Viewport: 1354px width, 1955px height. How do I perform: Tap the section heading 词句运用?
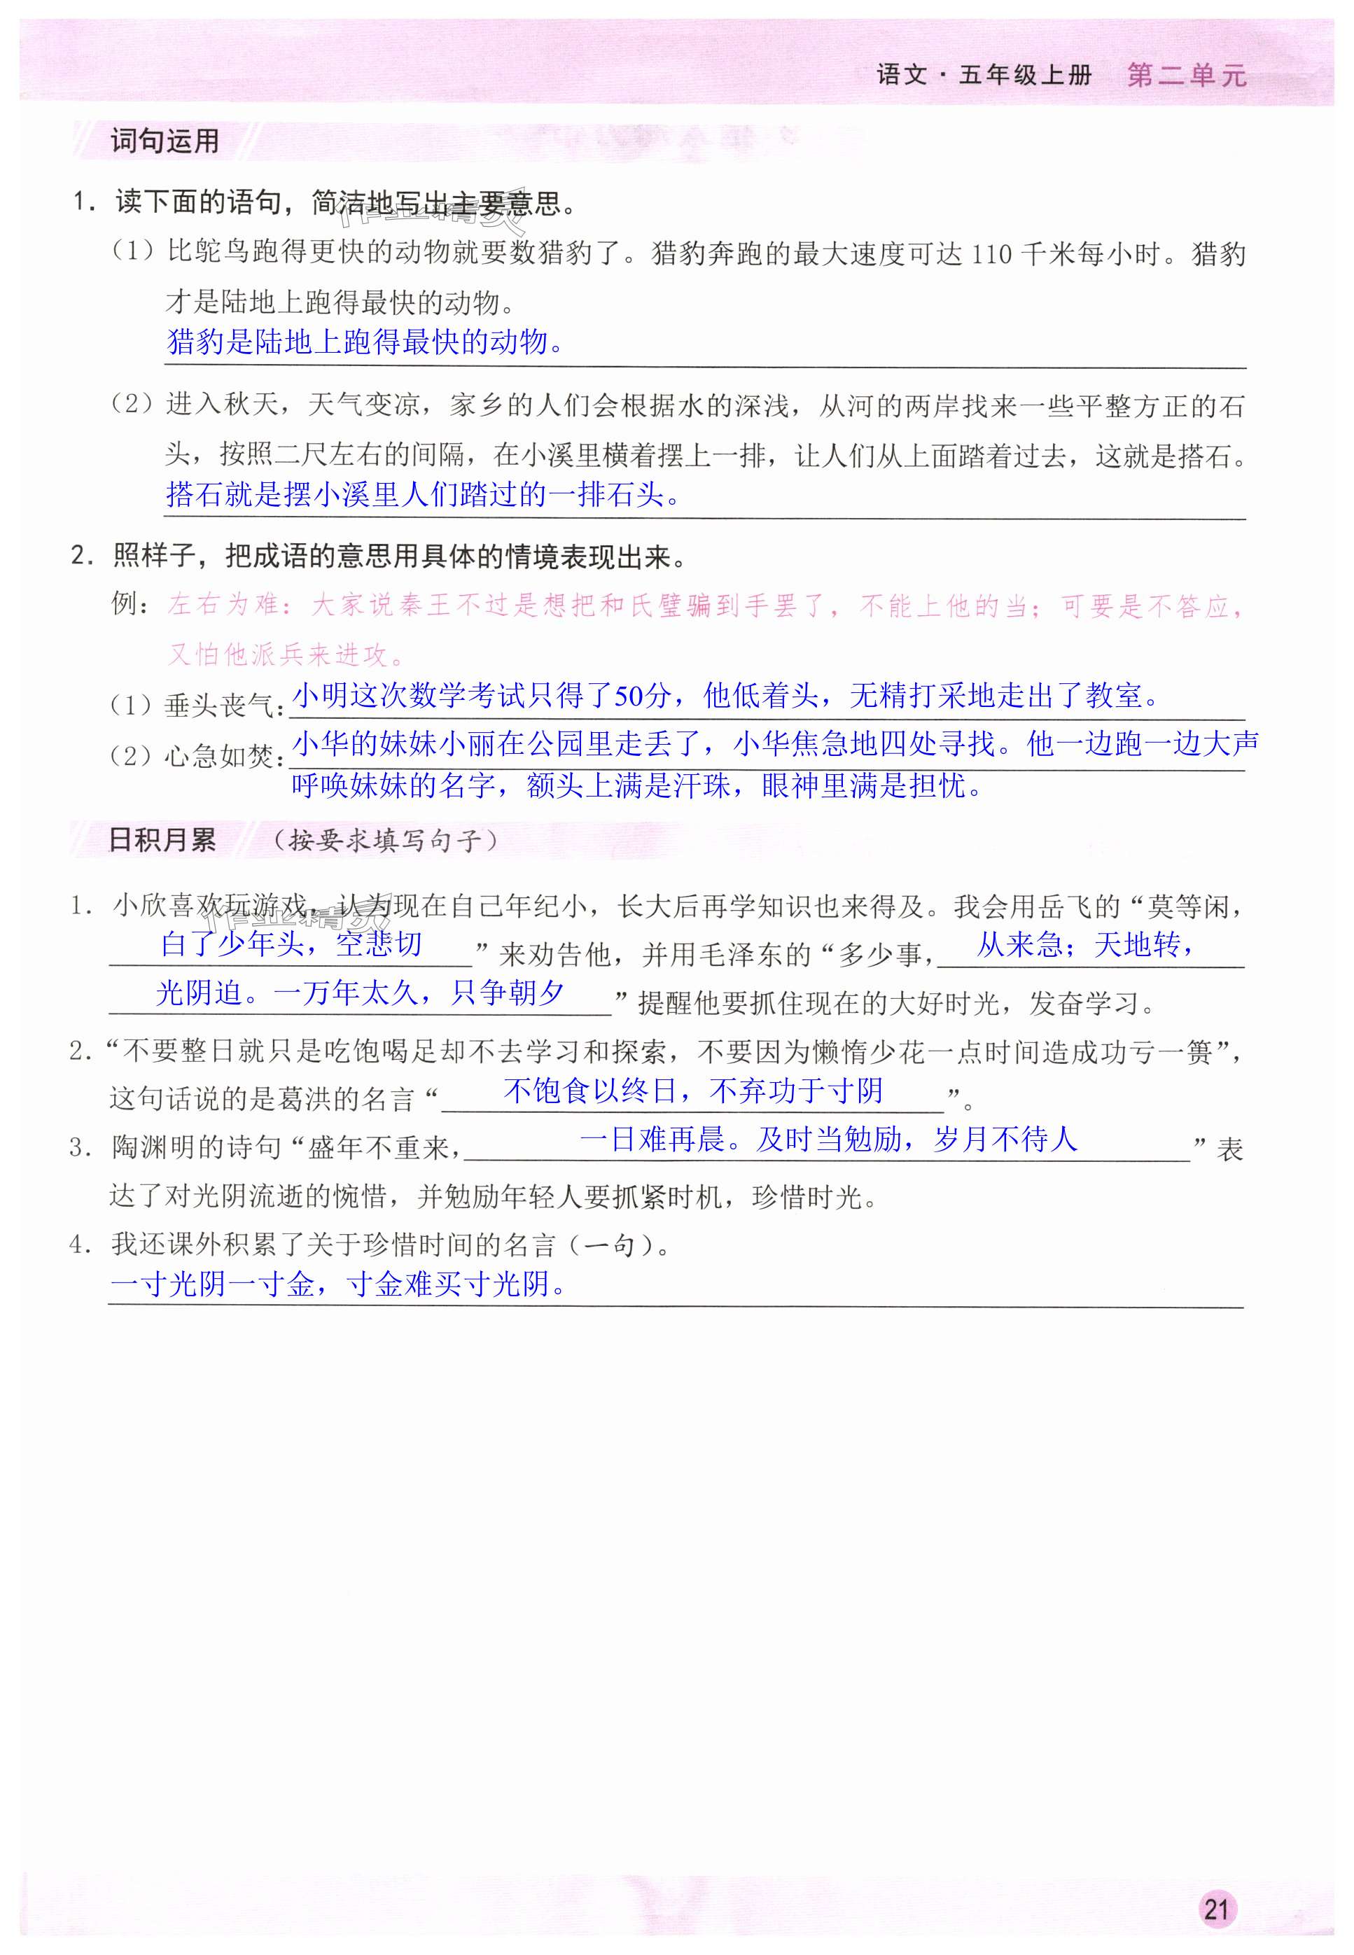click(x=165, y=141)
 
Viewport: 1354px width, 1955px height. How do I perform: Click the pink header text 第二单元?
click(x=1186, y=76)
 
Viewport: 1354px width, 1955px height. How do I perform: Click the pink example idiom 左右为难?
click(x=222, y=605)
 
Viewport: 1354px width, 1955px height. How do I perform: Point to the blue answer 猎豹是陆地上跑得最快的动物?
click(x=365, y=342)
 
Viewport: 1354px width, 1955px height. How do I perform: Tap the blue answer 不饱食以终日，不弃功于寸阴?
click(x=693, y=1091)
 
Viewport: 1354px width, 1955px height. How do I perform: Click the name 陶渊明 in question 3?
click(x=153, y=1149)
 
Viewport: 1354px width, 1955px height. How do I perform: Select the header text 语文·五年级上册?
click(x=984, y=76)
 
